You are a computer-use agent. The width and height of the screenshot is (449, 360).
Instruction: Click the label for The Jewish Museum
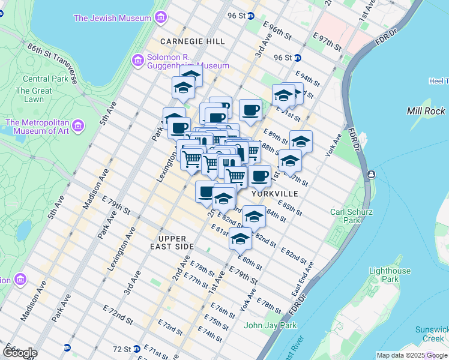112,18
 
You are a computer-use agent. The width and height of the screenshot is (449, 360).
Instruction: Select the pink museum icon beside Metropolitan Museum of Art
79,126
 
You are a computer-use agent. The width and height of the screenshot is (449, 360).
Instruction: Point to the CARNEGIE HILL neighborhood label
184,41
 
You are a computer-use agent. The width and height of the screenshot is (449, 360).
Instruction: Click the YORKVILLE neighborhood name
274,194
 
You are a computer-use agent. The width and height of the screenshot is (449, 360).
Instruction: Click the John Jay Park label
270,326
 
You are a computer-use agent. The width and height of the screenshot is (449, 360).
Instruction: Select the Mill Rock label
426,111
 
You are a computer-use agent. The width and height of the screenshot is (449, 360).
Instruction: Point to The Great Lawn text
29,95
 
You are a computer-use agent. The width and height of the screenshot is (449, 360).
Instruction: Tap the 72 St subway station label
121,348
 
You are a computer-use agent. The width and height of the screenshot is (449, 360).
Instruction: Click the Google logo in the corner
19,353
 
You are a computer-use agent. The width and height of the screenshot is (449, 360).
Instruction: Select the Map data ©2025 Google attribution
411,355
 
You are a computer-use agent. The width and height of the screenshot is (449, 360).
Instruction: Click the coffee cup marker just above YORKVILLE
259,176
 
